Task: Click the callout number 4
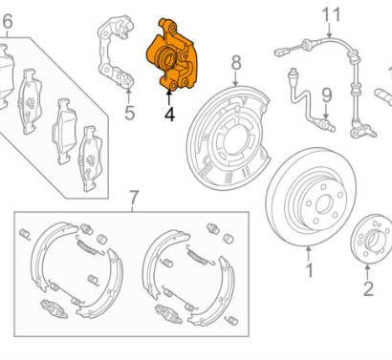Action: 169,115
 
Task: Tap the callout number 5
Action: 129,113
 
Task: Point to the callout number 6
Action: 8,22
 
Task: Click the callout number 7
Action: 134,198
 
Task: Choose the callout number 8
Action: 236,63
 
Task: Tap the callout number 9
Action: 326,95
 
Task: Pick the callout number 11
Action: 331,15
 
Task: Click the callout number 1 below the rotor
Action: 309,270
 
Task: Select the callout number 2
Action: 368,289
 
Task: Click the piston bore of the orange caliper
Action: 168,59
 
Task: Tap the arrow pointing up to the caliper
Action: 169,97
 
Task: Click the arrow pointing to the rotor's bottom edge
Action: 308,253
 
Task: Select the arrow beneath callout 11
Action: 329,31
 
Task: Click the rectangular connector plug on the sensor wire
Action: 280,52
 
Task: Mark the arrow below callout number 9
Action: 326,111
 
